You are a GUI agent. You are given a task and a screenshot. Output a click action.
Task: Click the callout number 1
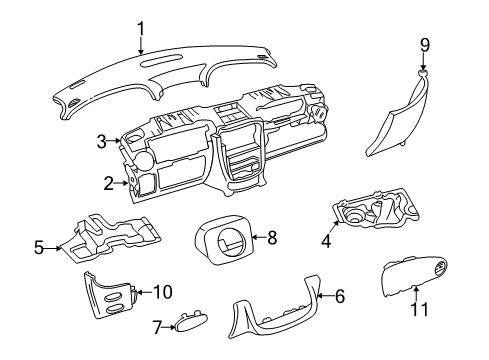[x=141, y=30]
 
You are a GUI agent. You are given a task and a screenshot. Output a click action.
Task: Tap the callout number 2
[x=108, y=182]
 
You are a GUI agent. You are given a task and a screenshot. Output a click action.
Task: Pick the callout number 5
[x=39, y=246]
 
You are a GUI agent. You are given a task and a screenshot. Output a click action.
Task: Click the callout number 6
[x=339, y=296]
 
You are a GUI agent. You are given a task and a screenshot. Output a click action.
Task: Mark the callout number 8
[x=271, y=237]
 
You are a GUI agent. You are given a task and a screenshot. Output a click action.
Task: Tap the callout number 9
[x=424, y=44]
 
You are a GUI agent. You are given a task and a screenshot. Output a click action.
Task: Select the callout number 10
[x=161, y=292]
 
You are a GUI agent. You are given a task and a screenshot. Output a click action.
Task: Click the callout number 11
[x=420, y=309]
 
